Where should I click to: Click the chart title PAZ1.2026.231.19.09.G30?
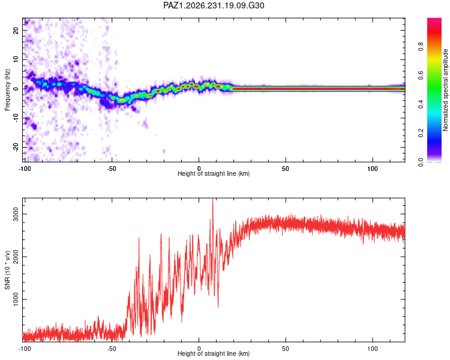coord(214,5)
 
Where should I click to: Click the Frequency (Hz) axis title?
coord(7,90)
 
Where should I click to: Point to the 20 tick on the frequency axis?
coord(16,30)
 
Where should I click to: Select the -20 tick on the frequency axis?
coord(16,147)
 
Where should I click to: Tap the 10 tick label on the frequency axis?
coord(16,59)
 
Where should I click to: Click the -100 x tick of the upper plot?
coord(25,169)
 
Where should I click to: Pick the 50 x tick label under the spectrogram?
coord(285,169)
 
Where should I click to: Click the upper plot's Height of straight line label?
coord(214,173)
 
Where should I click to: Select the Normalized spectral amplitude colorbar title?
coord(445,90)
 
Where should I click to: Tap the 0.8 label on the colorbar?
coord(421,46)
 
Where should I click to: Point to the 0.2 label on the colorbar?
coord(421,133)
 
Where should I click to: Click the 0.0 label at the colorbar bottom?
coord(421,162)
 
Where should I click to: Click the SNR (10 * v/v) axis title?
coord(7,270)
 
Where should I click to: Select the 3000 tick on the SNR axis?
coord(16,214)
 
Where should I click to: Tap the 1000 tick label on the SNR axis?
coord(16,299)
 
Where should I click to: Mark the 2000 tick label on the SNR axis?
coord(16,257)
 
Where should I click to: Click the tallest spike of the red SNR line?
coord(212,199)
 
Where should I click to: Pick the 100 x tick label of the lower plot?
coord(373,349)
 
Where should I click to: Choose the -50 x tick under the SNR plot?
coord(112,349)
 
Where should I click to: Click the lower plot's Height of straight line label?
coord(214,353)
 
